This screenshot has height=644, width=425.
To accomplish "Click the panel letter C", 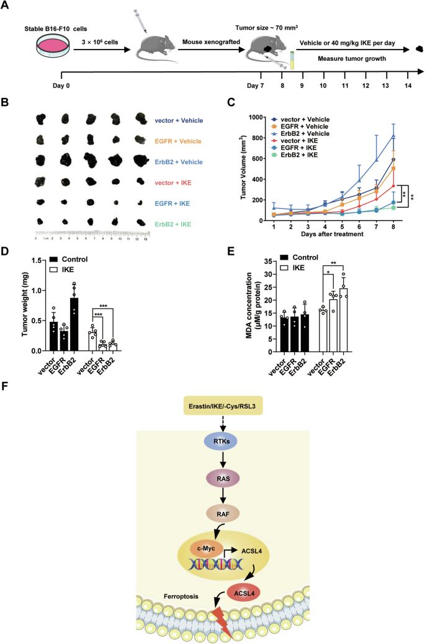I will tap(231, 104).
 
